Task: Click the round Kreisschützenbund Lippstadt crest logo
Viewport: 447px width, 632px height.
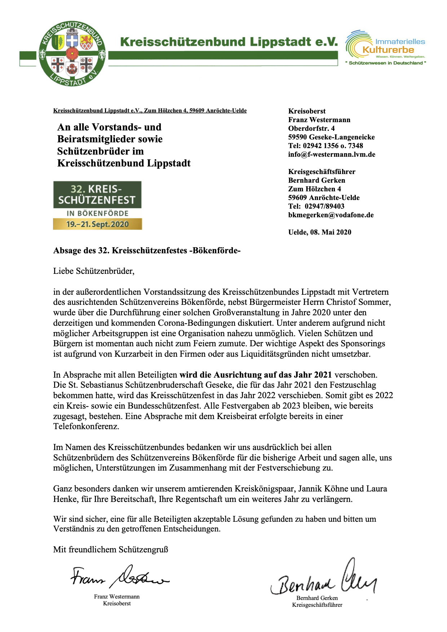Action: (72, 54)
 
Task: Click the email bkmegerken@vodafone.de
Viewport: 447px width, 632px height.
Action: (331, 215)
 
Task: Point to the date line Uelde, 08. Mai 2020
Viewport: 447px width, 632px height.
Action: (320, 232)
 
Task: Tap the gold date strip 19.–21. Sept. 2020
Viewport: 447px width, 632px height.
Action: (97, 224)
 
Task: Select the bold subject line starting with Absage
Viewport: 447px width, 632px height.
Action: (147, 250)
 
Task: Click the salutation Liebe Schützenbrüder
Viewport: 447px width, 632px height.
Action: (94, 271)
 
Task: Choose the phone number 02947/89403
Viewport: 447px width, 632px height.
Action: (324, 206)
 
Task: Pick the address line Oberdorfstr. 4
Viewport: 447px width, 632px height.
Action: (311, 129)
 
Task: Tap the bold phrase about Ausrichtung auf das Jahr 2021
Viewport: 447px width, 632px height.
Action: (256, 375)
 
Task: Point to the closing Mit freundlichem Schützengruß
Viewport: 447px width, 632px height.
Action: (111, 549)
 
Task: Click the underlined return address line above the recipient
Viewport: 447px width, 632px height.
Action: (150, 111)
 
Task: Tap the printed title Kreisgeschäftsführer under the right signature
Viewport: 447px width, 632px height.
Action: (317, 605)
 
